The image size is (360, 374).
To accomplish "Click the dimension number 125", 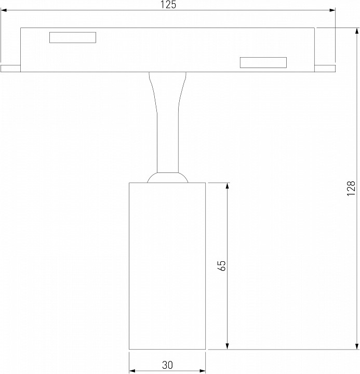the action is (168, 5).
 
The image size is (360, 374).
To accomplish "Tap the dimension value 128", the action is (351, 189).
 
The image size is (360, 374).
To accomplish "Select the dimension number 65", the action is (221, 265).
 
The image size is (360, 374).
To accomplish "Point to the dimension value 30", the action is (167, 365).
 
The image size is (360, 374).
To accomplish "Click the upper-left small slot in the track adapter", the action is (73, 37).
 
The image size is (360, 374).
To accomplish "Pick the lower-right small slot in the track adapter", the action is (263, 62).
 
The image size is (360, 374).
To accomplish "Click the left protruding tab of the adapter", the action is (10, 69).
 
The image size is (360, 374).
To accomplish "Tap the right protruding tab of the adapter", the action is (325, 69).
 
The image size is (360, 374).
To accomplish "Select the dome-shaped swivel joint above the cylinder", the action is (167, 178).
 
